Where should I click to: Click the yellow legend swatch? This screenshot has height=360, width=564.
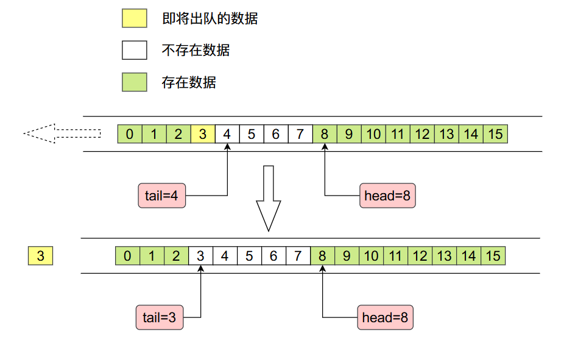tap(134, 18)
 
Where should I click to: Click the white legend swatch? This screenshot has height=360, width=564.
tap(134, 50)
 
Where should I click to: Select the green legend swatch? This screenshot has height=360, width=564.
tap(134, 82)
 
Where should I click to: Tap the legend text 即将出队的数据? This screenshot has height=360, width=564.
tap(210, 18)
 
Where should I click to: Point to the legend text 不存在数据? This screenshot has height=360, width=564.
tap(196, 50)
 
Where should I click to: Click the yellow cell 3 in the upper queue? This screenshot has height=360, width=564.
tap(203, 134)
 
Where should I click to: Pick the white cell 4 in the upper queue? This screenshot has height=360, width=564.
tap(227, 134)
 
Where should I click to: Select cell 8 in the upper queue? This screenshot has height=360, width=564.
tap(325, 134)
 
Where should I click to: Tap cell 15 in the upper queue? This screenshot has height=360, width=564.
tap(495, 134)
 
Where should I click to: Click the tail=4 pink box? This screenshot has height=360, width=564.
tap(161, 196)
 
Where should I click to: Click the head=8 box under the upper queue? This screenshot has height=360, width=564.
tap(387, 196)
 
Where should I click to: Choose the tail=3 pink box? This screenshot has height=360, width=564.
tap(159, 317)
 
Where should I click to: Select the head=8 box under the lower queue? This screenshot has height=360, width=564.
tap(385, 317)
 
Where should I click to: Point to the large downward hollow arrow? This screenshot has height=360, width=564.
tap(268, 198)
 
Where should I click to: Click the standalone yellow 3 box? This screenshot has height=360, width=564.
tap(40, 256)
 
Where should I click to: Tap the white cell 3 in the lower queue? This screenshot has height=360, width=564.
tap(200, 256)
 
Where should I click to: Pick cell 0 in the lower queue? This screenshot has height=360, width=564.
tap(127, 256)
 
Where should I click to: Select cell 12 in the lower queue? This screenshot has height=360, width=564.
tap(420, 256)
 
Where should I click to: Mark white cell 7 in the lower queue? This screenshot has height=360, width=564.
tap(298, 256)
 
